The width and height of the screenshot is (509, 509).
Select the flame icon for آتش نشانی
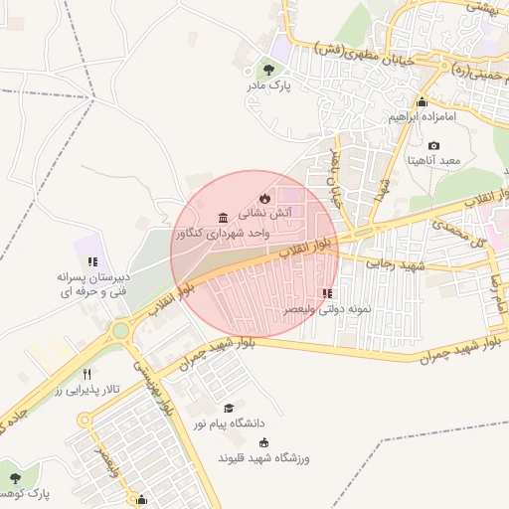pyautogui.click(x=263, y=198)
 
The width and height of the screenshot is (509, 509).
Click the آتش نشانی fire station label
pyautogui.click(x=263, y=214)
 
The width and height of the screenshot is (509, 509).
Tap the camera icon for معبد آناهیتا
pyautogui.click(x=434, y=146)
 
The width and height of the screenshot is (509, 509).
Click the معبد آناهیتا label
pyautogui.click(x=434, y=161)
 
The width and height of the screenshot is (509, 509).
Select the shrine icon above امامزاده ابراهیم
pyautogui.click(x=422, y=102)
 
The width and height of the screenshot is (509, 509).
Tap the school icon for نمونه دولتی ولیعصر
pyautogui.click(x=327, y=293)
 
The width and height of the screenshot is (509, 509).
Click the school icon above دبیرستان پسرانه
pyautogui.click(x=91, y=261)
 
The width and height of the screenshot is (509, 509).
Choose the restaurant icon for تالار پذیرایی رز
pyautogui.click(x=87, y=374)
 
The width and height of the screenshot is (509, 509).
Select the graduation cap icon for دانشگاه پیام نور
pyautogui.click(x=228, y=408)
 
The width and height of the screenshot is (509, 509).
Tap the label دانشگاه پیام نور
pyautogui.click(x=234, y=424)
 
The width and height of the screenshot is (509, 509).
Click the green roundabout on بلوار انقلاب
pyautogui.click(x=120, y=330)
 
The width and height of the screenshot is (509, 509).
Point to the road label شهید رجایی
pyautogui.click(x=395, y=264)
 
